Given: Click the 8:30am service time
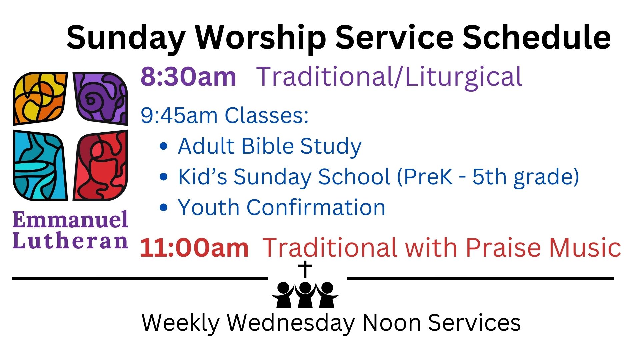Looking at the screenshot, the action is tap(188, 77).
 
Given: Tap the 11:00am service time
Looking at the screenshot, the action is tap(194, 248).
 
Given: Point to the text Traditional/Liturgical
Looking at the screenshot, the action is tap(389, 77).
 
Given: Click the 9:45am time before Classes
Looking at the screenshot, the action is tap(179, 115).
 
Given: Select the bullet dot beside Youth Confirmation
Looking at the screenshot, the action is tap(164, 207).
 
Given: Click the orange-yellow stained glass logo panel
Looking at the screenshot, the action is tap(39, 98).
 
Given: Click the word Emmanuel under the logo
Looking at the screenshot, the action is tap(70, 220).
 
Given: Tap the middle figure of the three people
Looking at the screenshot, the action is tap(305, 295).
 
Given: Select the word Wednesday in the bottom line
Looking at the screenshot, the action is tap(291, 323).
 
